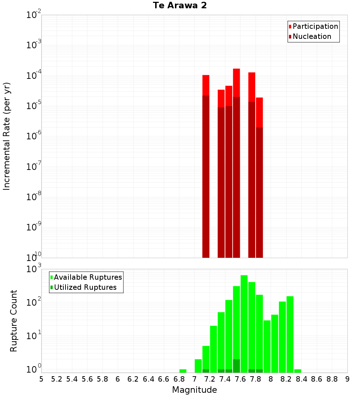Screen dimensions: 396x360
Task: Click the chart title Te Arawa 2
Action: coord(180,6)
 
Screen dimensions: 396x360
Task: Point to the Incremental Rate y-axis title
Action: coord(7,136)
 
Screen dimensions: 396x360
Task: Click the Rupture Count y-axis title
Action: coord(14,320)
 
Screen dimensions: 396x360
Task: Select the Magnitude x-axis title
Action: coord(194,390)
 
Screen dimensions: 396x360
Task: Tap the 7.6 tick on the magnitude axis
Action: coord(240,379)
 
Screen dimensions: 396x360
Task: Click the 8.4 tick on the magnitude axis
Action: coord(301,379)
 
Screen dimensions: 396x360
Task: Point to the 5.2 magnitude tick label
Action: coord(57,379)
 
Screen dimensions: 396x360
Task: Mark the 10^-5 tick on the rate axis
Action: coord(34,106)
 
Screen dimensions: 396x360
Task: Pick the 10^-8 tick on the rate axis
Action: coord(34,197)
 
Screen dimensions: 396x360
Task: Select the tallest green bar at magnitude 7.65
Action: coord(244,324)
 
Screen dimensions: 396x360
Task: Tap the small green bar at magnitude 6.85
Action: coord(183,371)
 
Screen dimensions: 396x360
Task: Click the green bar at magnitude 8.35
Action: coord(298,371)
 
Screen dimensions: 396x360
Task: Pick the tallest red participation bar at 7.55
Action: coord(237,83)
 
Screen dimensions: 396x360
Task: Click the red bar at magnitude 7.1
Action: coord(206,85)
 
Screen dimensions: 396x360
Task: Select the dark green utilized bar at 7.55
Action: coord(237,366)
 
